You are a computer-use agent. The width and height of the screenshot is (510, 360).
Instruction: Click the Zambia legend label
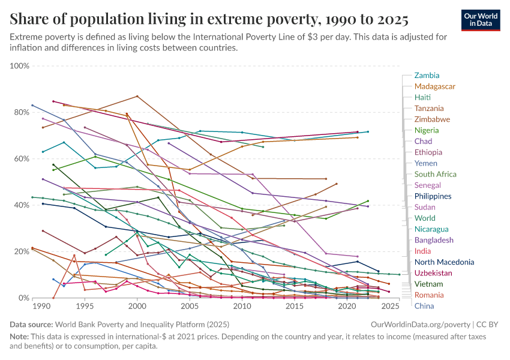427,76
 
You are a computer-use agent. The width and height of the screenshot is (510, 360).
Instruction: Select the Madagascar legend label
434,86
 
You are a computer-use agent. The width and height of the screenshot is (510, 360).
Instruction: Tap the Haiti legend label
422,97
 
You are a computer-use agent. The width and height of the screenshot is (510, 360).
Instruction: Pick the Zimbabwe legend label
432,119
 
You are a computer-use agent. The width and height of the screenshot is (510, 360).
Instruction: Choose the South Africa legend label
436,174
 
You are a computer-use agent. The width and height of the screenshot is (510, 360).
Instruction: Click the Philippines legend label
433,196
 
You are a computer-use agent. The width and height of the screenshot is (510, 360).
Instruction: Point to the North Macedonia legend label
444,262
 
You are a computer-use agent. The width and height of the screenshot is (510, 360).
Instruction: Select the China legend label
424,306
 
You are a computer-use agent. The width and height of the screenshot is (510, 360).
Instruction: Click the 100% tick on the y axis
20,65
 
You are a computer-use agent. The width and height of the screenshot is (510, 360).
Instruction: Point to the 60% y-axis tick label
22,158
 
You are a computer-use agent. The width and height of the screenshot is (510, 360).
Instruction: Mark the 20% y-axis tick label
22,251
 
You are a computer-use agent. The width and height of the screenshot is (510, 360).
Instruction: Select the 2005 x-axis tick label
190,306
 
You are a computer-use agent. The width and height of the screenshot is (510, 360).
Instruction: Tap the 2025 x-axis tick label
391,306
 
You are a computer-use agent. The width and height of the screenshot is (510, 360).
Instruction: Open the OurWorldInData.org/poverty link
416,324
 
